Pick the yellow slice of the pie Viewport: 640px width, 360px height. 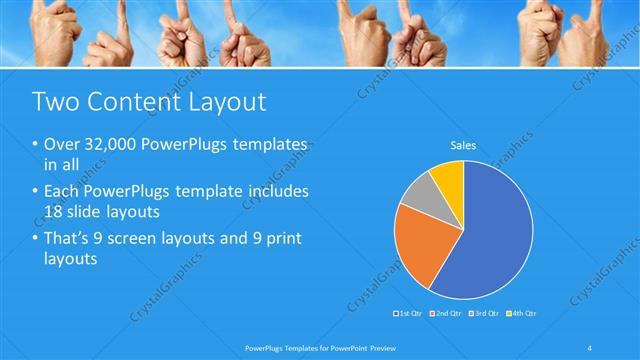coord(449,177)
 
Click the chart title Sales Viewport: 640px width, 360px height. coord(463,146)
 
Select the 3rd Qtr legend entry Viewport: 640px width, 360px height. coord(483,314)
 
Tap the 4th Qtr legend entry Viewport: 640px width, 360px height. coord(522,314)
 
